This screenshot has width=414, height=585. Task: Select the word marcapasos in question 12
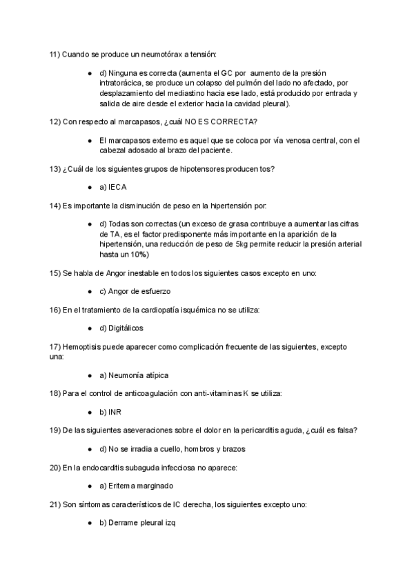pyautogui.click(x=132, y=122)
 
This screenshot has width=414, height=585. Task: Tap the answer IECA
pyautogui.click(x=117, y=187)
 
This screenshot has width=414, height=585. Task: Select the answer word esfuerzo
pyautogui.click(x=152, y=291)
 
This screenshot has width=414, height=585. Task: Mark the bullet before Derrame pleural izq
pyautogui.click(x=90, y=523)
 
